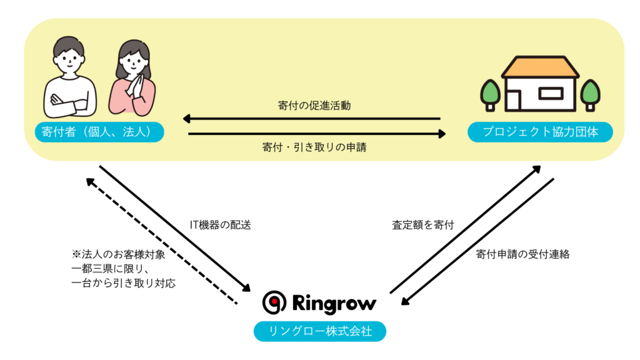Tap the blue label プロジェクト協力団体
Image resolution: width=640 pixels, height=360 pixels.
click(x=540, y=132)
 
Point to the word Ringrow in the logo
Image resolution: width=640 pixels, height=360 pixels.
click(x=334, y=304)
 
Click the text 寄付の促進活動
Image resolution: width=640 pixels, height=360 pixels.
click(x=314, y=106)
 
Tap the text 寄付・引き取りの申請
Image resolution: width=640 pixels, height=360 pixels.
click(x=314, y=149)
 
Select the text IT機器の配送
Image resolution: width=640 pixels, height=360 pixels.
click(x=220, y=225)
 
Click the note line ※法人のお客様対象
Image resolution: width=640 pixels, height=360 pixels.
click(x=119, y=255)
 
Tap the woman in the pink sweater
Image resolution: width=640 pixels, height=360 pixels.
click(x=132, y=81)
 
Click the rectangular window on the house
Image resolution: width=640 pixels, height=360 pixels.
click(x=550, y=94)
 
